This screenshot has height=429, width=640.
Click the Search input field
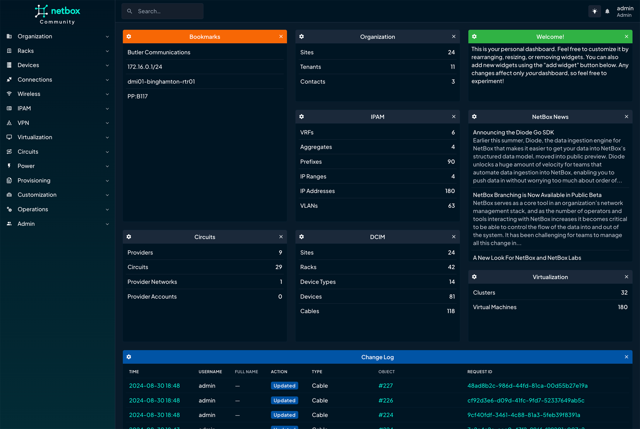click(162, 11)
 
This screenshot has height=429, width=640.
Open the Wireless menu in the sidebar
click(29, 94)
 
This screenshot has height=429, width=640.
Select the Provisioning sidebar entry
click(34, 180)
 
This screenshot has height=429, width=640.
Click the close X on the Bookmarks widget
click(281, 37)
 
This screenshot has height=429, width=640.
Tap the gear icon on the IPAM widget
click(302, 117)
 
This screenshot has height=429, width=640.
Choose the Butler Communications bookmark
click(159, 52)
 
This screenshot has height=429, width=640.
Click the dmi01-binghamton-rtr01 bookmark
click(161, 81)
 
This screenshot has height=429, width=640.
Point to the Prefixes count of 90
click(451, 161)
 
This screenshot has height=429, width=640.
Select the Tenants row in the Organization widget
click(311, 67)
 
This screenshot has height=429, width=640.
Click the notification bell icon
click(607, 11)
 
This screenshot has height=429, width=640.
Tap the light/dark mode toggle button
click(595, 11)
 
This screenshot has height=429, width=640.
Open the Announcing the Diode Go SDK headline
click(513, 132)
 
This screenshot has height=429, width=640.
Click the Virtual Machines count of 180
click(623, 307)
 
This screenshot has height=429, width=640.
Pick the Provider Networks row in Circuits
click(152, 282)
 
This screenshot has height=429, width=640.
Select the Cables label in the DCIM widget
click(309, 311)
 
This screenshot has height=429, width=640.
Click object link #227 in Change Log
click(386, 385)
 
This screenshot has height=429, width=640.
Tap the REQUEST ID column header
click(480, 372)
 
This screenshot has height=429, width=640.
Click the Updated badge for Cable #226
click(284, 400)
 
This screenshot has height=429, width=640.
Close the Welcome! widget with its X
click(626, 37)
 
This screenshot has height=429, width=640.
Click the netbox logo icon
click(41, 11)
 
